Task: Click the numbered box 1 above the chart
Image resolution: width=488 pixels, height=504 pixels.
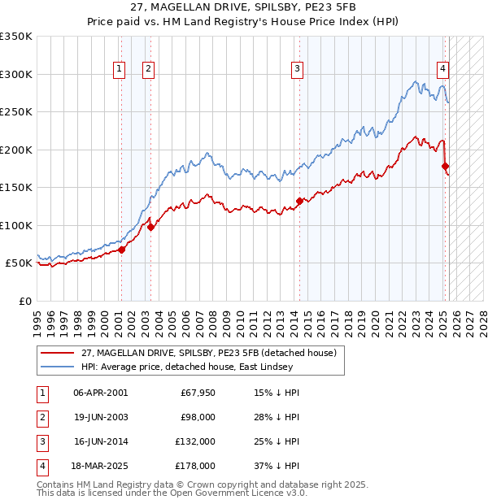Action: (120, 70)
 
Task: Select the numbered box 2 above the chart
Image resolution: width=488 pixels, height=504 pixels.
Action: (149, 70)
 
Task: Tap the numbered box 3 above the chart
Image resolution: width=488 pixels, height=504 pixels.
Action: (298, 70)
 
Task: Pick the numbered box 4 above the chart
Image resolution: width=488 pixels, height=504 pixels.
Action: (442, 70)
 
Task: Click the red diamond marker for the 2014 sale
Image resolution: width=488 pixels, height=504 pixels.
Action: (299, 201)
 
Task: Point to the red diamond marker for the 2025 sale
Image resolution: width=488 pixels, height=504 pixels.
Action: (445, 167)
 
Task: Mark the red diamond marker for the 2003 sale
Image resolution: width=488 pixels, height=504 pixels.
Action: (150, 227)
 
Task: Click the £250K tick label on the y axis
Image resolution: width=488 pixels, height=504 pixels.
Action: (16, 112)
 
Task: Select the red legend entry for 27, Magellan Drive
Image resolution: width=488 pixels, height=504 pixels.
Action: (214, 353)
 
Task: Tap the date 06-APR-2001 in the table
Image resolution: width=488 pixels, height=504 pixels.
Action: (100, 393)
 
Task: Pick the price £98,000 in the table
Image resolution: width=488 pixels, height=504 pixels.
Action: (198, 418)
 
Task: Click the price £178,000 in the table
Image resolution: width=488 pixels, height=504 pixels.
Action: (195, 467)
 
